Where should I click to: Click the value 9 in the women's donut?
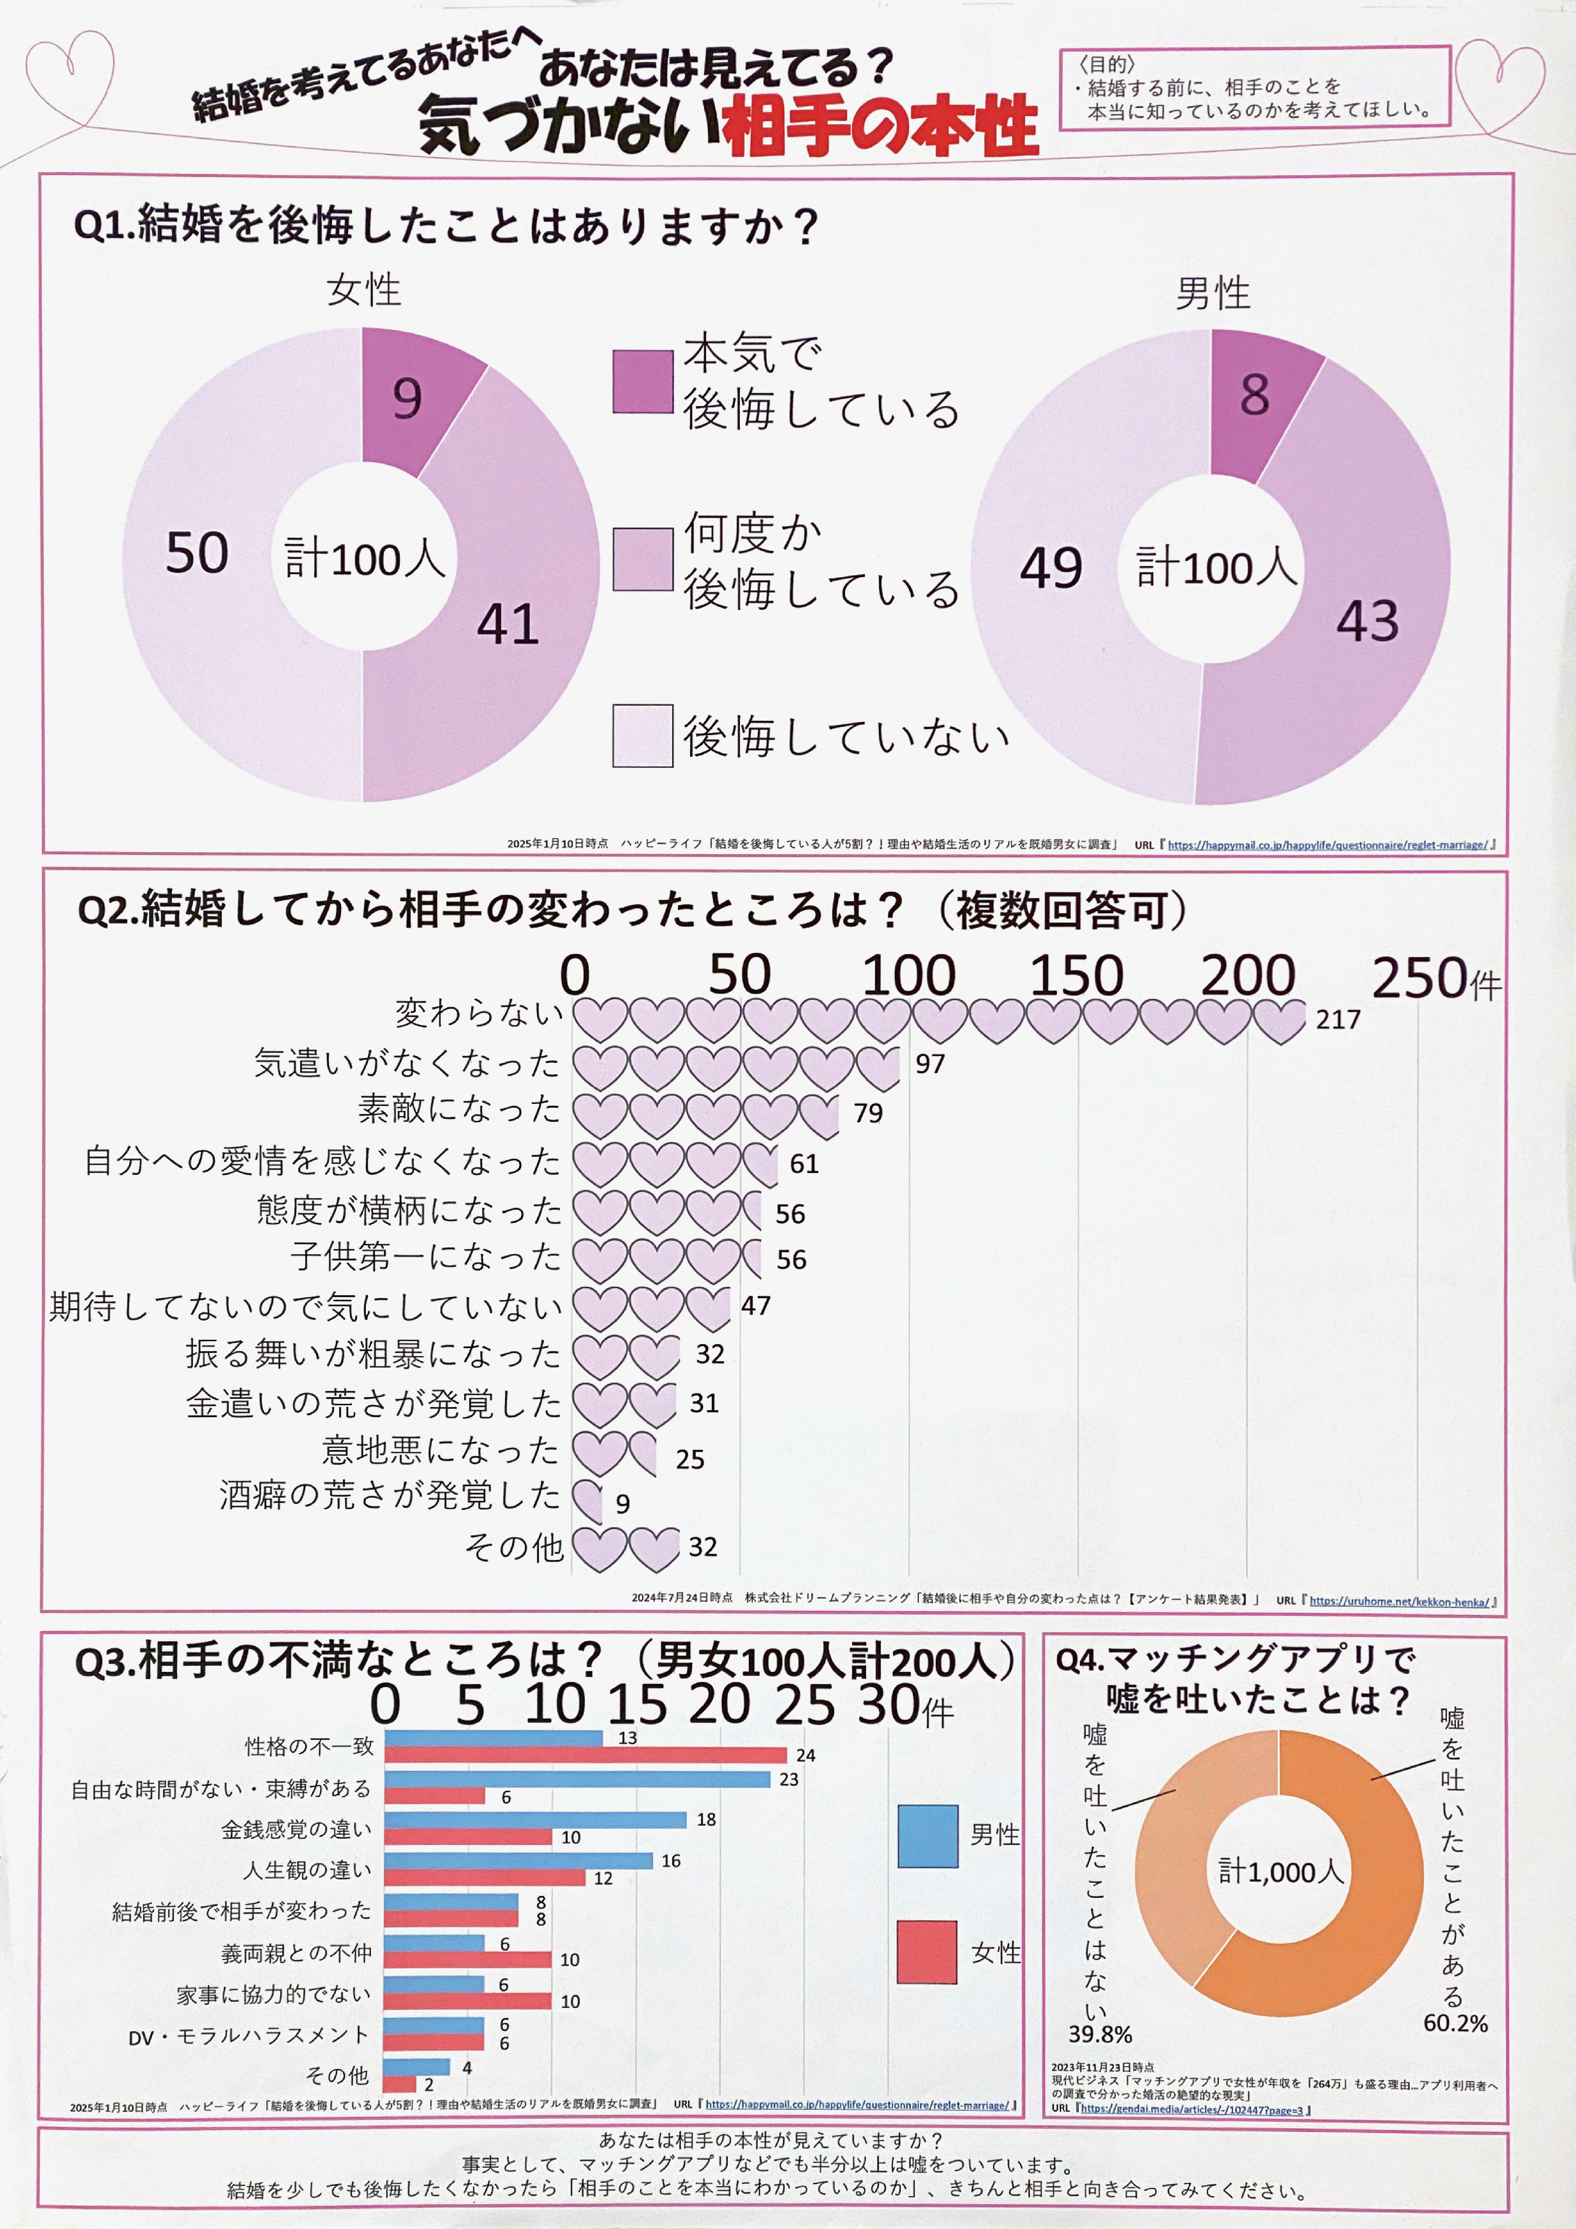(407, 398)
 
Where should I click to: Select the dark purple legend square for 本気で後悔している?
(642, 381)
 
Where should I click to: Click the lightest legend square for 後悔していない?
(642, 736)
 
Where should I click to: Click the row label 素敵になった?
(459, 1109)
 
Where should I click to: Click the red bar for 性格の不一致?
(585, 1755)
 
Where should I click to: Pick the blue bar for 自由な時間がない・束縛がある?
(576, 1779)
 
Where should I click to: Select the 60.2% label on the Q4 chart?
(1455, 2023)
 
